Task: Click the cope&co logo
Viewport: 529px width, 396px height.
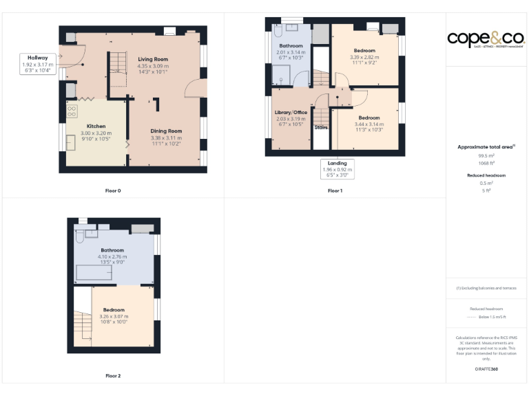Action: coord(486,38)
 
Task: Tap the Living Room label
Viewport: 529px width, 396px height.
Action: coord(152,60)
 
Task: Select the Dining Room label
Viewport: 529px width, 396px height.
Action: coord(166,131)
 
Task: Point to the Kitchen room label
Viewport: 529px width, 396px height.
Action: coord(96,126)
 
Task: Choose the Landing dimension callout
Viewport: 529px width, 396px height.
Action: coord(337,169)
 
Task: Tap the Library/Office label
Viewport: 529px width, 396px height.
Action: coord(290,112)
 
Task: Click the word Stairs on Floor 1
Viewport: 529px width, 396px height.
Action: coord(321,128)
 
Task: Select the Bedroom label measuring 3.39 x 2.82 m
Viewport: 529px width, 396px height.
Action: coord(364,51)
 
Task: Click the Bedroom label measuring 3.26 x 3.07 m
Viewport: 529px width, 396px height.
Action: coord(114,310)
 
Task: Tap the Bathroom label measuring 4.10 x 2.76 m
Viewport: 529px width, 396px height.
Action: coord(112,250)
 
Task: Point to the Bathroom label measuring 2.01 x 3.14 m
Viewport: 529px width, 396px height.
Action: coord(290,45)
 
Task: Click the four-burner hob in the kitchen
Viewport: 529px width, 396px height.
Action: coord(72,110)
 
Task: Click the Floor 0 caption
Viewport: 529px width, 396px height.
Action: coord(113,190)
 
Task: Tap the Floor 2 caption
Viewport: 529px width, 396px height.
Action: coord(113,376)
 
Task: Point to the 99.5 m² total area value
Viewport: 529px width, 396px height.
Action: coord(487,156)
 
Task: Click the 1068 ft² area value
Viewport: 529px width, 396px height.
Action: coord(487,163)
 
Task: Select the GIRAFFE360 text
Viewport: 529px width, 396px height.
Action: coord(486,369)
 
